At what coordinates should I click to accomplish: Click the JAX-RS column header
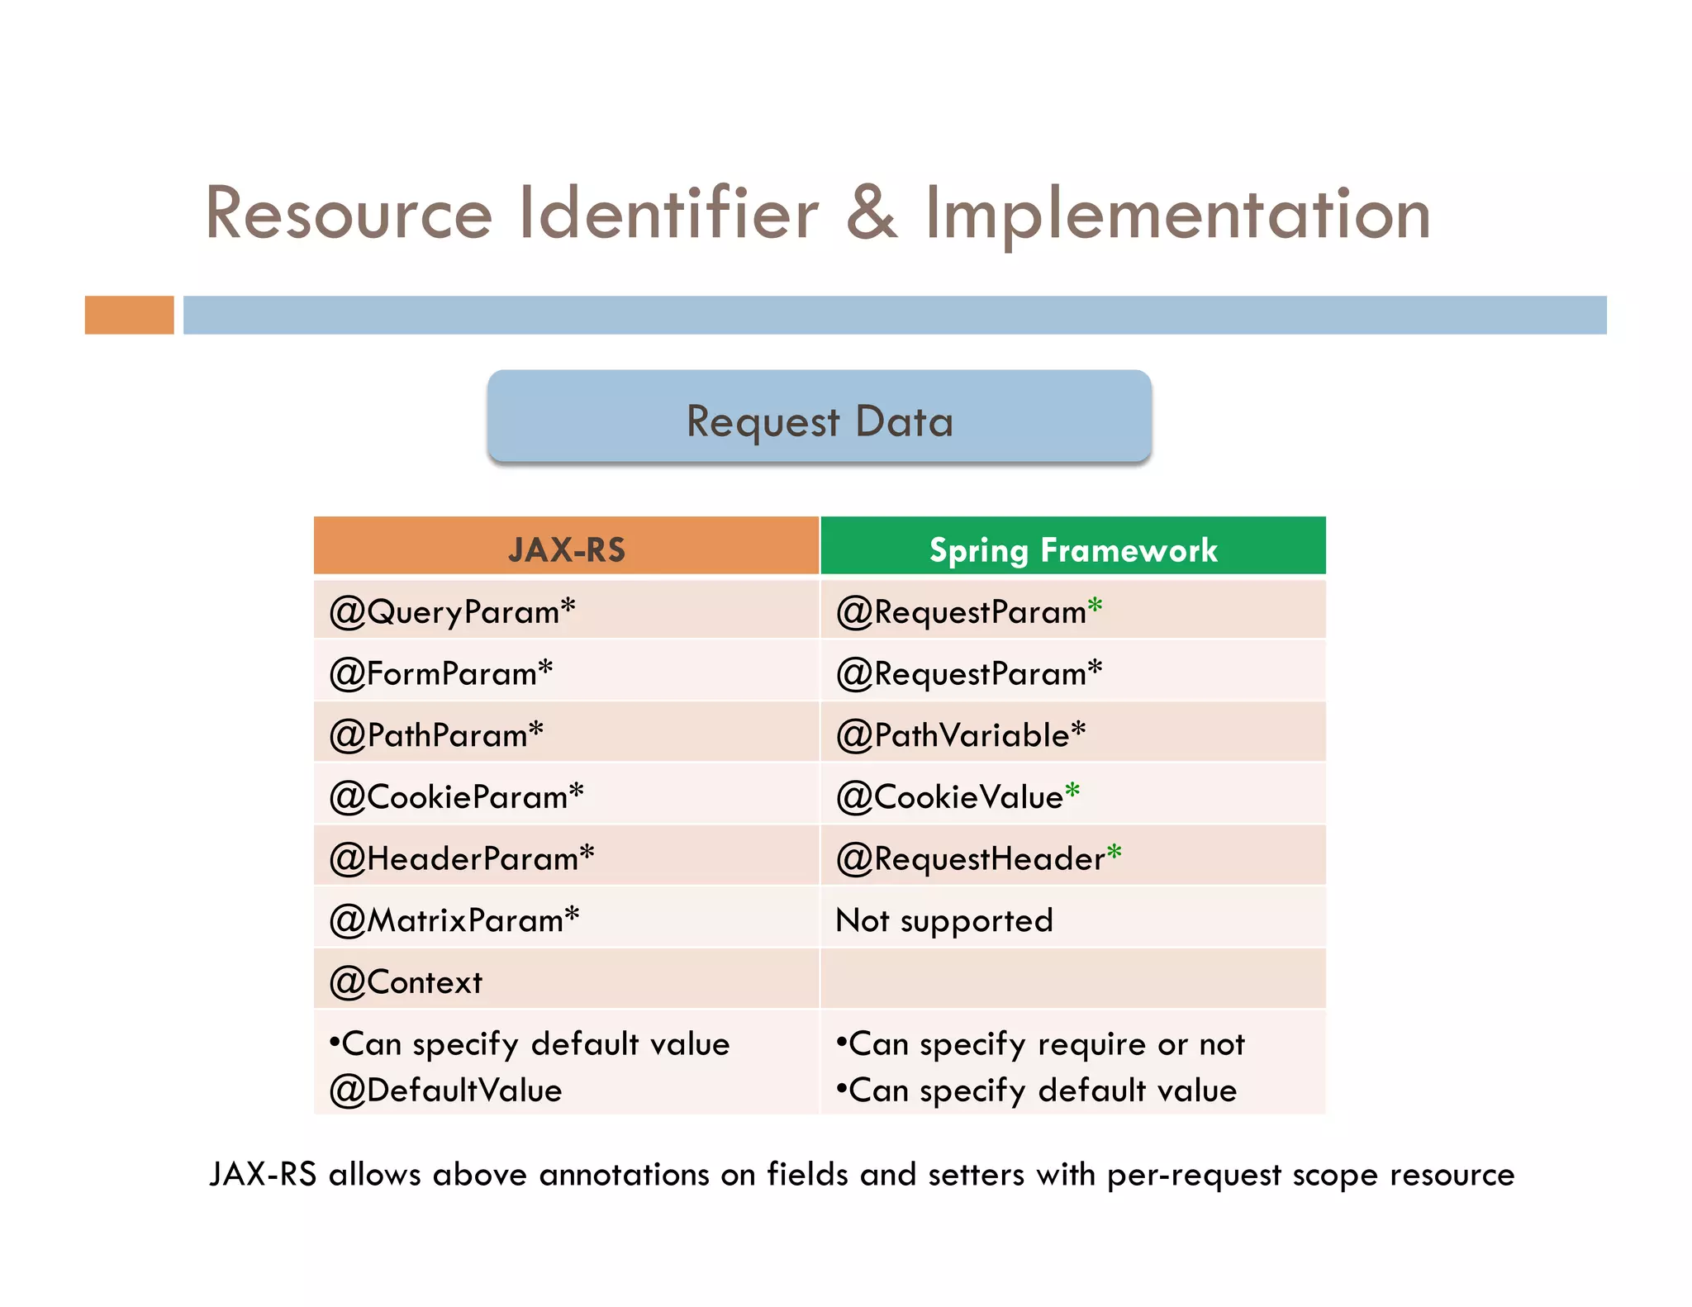pos(567,549)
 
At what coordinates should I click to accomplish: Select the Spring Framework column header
pos(1073,549)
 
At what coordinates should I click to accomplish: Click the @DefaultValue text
pos(445,1091)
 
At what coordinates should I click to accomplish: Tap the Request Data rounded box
pos(820,416)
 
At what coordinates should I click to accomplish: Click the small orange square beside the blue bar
pos(129,315)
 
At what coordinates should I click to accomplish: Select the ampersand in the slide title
pos(871,214)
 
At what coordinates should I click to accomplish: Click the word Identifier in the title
pos(668,214)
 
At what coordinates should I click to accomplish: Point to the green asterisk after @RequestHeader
pos(1114,851)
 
